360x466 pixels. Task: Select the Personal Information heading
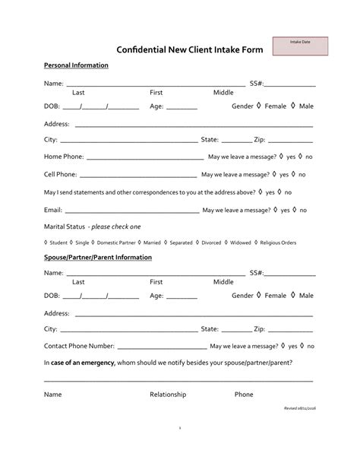(76, 65)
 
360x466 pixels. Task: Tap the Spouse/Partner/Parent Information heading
(98, 258)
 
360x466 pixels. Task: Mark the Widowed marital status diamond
(226, 243)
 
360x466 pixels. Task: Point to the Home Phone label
(64, 157)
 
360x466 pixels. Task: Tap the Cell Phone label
(60, 174)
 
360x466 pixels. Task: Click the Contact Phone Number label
(79, 346)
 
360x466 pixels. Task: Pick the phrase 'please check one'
(115, 227)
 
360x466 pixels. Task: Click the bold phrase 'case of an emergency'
(83, 363)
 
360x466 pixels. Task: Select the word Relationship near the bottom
(168, 395)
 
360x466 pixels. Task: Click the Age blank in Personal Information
(182, 109)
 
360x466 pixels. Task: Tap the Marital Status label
(65, 227)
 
